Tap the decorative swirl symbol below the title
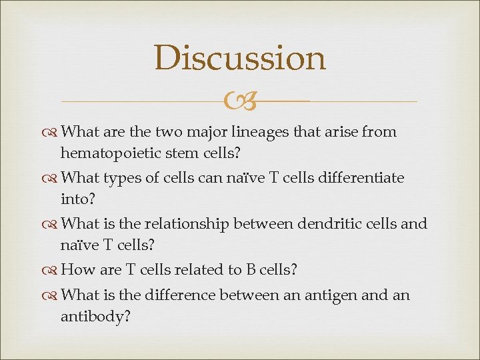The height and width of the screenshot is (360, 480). pos(240,101)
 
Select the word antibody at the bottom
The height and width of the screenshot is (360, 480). pos(95,317)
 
